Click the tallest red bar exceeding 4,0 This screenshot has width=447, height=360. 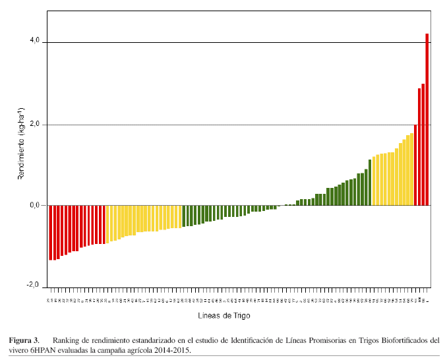click(427, 119)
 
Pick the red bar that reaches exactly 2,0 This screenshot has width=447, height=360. click(415, 165)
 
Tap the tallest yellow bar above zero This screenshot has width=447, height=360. click(411, 169)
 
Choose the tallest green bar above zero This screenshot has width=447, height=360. click(370, 183)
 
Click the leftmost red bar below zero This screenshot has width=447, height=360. click(51, 232)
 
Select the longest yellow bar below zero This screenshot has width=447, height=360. click(107, 224)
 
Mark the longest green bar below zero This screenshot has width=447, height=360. click(184, 216)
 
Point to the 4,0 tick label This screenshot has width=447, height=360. click(34, 41)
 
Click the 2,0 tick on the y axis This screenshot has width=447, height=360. click(34, 123)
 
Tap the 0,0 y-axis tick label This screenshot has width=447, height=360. click(34, 205)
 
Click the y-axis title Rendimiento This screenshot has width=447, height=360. click(21, 148)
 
